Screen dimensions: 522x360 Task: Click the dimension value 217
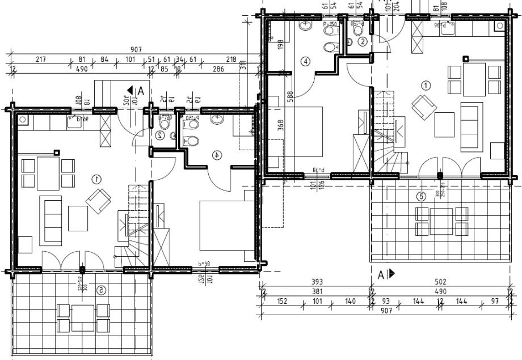tap(40, 60)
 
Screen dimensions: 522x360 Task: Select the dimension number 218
tap(231, 60)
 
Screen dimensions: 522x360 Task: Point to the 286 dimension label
tap(218, 69)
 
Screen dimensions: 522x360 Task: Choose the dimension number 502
tap(441, 282)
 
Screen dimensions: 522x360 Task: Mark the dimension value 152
tap(281, 300)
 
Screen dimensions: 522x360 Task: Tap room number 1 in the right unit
tap(426, 85)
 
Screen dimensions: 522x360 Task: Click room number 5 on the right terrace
tap(420, 197)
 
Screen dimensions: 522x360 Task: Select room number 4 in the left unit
tap(217, 154)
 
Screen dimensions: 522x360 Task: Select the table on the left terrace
tap(83, 317)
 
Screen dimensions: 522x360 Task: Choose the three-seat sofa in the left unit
tap(50, 219)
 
